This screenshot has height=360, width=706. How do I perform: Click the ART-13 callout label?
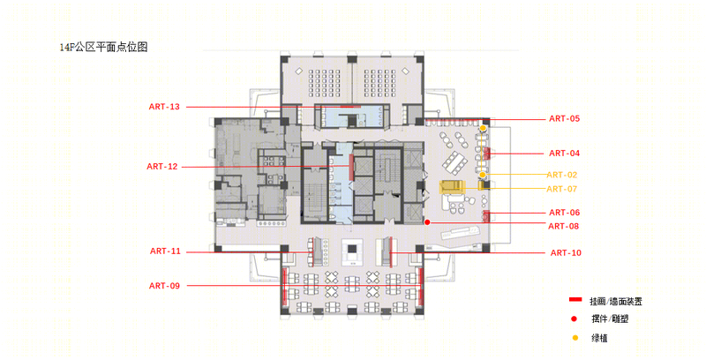[164, 107]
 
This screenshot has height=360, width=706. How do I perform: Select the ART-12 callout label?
[162, 167]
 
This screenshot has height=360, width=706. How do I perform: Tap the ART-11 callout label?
[165, 251]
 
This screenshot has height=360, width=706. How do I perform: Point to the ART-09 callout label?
[164, 286]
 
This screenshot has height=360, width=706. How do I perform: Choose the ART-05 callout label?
[565, 119]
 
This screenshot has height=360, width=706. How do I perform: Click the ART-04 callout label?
[565, 154]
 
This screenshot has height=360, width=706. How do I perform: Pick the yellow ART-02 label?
[562, 175]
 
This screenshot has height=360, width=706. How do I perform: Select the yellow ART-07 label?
[562, 189]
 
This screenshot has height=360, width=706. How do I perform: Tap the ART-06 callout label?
[565, 213]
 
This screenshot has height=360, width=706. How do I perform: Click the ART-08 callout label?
[564, 227]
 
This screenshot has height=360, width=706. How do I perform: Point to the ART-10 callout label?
[566, 253]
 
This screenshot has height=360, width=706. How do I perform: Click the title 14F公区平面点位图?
[104, 47]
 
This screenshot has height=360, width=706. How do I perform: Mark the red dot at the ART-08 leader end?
[427, 222]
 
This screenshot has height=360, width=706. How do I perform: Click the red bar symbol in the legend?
[575, 300]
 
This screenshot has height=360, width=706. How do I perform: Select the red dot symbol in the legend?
[575, 319]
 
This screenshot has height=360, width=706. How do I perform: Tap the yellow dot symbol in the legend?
[575, 338]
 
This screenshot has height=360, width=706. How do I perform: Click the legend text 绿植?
[600, 339]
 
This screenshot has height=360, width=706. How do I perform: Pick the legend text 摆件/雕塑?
[610, 319]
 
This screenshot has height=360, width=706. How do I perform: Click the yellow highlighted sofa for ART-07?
[452, 187]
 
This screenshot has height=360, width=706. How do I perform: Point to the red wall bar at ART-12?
[351, 167]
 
